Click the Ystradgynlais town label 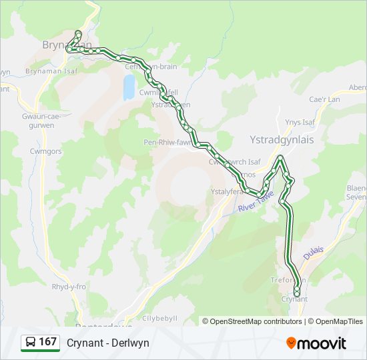coord(281,140)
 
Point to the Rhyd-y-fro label coord(69,287)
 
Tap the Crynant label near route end coord(294,299)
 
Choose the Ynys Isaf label coord(299,122)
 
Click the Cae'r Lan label coord(325,99)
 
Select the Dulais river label coord(313,253)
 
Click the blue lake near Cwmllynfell coord(128,87)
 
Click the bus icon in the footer coord(31,343)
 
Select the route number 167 coord(48,343)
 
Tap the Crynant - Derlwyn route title coord(107,343)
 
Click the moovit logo coord(316,343)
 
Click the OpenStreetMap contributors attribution coord(252,321)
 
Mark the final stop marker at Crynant coord(297,293)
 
